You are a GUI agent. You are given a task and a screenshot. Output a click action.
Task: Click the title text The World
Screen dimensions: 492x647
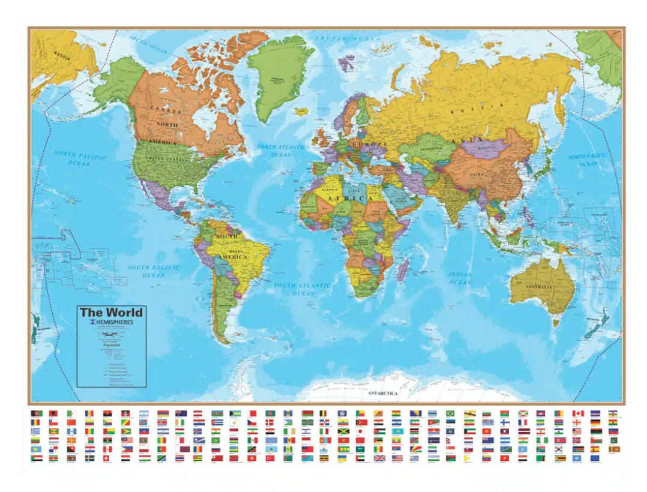[x=112, y=312]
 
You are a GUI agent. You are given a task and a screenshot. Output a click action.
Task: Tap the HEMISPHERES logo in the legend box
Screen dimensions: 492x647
[x=112, y=323]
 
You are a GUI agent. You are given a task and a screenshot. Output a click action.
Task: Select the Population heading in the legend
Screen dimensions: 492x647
[x=112, y=345]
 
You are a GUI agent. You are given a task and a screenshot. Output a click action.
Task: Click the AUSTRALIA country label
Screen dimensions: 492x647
[x=539, y=287]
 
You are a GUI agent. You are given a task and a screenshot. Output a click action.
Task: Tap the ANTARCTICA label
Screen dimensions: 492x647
[x=382, y=393]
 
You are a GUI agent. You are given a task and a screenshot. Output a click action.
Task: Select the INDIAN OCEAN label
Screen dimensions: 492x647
[x=460, y=278]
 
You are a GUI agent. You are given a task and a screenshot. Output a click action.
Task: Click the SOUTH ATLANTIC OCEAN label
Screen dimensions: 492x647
[x=302, y=289]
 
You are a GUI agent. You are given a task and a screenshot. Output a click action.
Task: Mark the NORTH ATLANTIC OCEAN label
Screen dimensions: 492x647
[x=281, y=151]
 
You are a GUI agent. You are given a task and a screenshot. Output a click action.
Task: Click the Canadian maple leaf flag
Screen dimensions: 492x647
[x=577, y=414]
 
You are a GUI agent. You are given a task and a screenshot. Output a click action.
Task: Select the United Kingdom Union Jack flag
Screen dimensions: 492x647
[x=379, y=458]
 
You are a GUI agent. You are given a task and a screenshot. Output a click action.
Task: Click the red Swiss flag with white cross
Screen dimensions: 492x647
[x=107, y=458]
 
